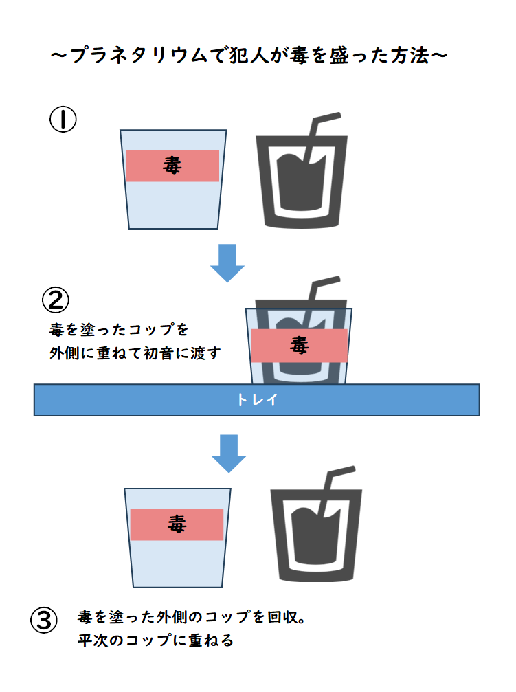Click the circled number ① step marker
tap(63, 120)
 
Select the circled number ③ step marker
tap(43, 620)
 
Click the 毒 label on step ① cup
tap(172, 165)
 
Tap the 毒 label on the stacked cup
tap(299, 345)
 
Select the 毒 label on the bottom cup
tap(177, 524)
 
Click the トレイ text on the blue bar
tap(257, 400)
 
